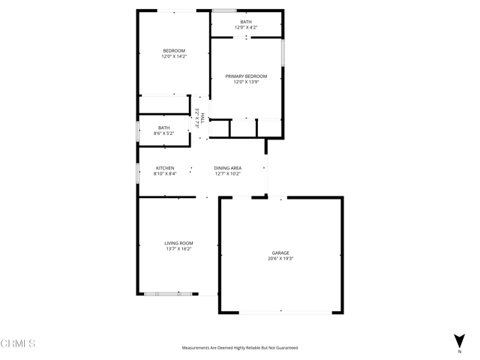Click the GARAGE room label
click(x=280, y=253)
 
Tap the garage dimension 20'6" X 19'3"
click(x=280, y=259)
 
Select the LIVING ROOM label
click(x=179, y=243)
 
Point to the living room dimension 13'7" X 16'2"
click(x=179, y=249)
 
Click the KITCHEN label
click(x=165, y=168)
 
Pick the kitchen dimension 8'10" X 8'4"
click(x=165, y=174)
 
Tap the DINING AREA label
click(x=227, y=168)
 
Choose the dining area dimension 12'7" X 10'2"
click(x=227, y=174)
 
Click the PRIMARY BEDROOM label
click(x=246, y=76)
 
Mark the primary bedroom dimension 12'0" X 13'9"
click(x=246, y=82)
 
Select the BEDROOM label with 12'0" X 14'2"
click(x=174, y=50)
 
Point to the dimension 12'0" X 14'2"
click(x=174, y=56)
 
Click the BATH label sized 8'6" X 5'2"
click(x=163, y=127)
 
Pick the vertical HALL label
click(x=202, y=119)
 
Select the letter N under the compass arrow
click(x=459, y=351)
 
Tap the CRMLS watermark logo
click(x=18, y=343)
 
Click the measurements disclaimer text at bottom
click(x=240, y=348)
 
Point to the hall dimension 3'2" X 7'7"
click(x=196, y=119)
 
